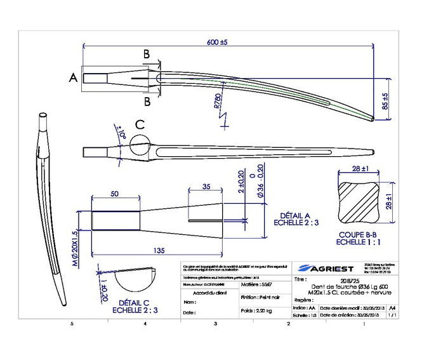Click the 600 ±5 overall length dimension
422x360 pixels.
click(x=217, y=42)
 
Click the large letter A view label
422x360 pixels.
click(x=73, y=77)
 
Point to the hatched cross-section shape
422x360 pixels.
click(x=359, y=205)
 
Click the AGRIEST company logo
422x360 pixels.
click(x=325, y=267)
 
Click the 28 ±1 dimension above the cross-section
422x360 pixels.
click(x=358, y=170)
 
